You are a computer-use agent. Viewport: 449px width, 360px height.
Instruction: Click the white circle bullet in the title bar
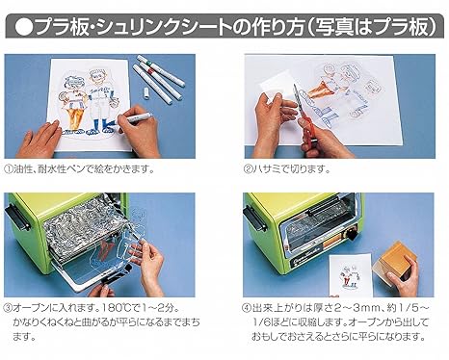click(x=23, y=27)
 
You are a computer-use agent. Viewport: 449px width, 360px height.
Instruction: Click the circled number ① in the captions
click(x=9, y=169)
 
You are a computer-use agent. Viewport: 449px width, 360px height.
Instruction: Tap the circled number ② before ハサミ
click(x=249, y=169)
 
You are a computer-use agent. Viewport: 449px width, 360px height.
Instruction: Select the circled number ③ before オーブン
click(x=8, y=308)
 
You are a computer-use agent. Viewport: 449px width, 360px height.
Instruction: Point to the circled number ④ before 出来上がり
click(x=247, y=308)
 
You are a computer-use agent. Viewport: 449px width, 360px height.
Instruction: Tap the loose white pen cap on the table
click(x=145, y=92)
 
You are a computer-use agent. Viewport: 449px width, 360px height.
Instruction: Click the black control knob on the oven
click(x=351, y=234)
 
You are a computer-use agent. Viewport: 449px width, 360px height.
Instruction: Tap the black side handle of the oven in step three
click(x=17, y=218)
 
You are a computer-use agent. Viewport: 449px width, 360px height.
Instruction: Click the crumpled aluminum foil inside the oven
click(x=80, y=229)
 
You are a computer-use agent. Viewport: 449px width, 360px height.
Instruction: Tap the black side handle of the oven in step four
click(x=255, y=219)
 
